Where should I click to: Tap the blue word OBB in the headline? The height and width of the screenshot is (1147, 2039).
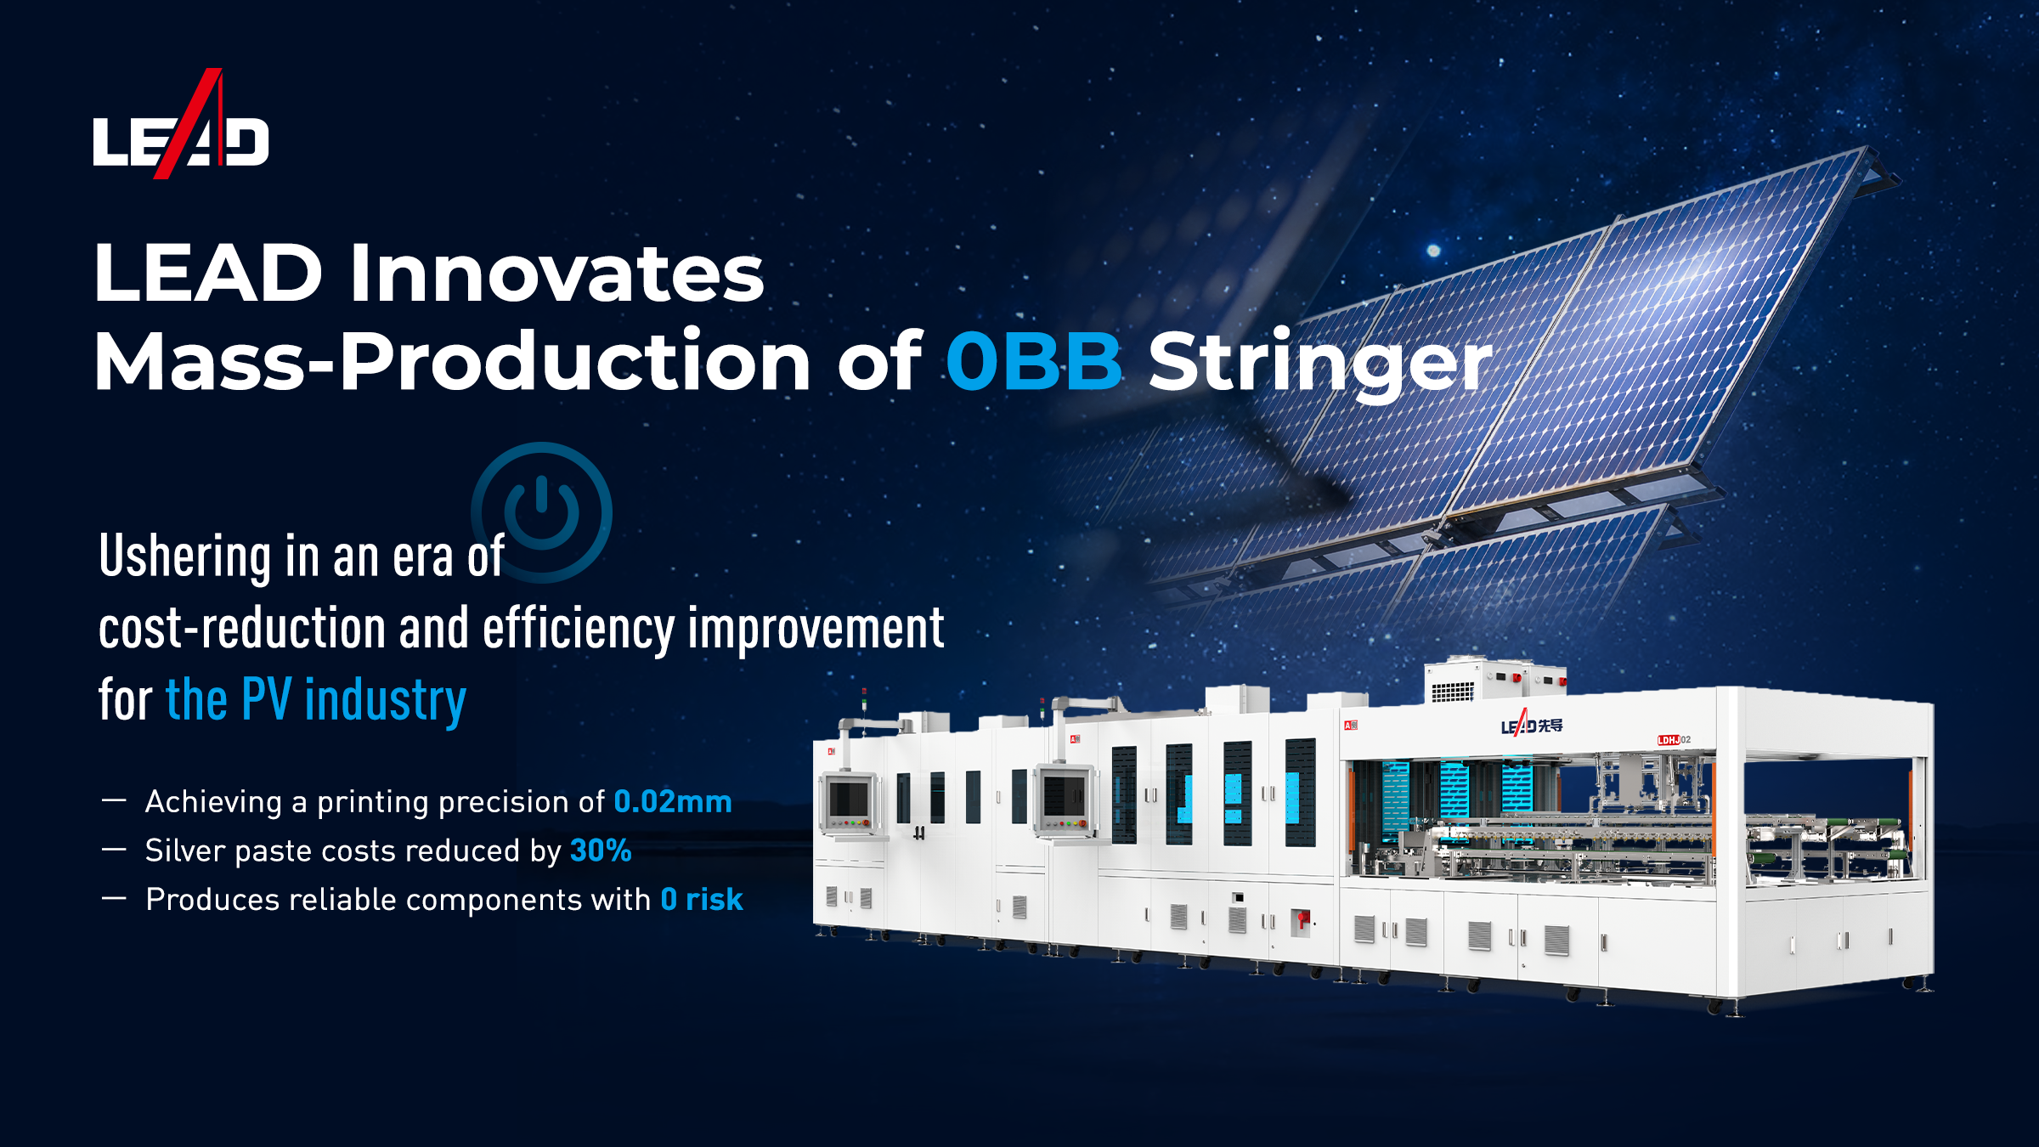[x=1034, y=361]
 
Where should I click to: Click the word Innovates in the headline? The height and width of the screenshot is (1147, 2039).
[x=556, y=273]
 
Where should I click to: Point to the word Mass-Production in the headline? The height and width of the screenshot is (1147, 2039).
[x=452, y=361]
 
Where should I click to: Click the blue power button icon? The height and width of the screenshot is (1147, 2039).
[x=542, y=512]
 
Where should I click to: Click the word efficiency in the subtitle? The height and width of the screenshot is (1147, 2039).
[x=579, y=629]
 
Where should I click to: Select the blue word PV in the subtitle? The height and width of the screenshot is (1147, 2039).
[x=266, y=698]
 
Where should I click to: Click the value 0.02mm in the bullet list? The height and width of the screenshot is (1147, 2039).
[x=672, y=801]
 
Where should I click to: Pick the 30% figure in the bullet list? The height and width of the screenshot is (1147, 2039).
[x=601, y=850]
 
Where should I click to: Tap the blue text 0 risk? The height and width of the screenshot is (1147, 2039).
[x=702, y=899]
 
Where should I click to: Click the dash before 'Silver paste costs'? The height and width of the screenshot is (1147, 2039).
[x=114, y=850]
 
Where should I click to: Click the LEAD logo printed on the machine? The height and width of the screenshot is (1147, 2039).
[x=1532, y=725]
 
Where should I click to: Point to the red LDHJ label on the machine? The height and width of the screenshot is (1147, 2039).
[x=1669, y=740]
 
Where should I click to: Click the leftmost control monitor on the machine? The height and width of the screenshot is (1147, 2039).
[x=849, y=802]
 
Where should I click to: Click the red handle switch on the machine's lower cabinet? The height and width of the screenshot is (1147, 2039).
[x=1301, y=920]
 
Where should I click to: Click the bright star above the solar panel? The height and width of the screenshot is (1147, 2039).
[x=1433, y=250]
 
